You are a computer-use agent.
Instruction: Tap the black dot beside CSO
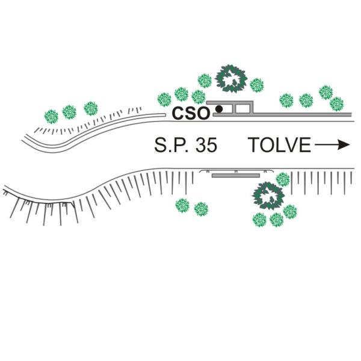click(219, 109)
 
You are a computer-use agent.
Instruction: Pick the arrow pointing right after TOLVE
click(332, 145)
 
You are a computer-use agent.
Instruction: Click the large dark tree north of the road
click(232, 76)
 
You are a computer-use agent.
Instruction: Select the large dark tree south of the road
click(268, 195)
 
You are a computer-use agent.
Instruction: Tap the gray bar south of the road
click(235, 176)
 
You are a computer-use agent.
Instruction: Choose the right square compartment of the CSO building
click(243, 109)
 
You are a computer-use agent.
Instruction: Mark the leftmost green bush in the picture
click(51, 114)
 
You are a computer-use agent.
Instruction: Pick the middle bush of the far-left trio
click(70, 111)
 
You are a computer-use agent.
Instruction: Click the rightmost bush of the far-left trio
click(91, 108)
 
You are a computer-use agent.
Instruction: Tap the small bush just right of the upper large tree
click(257, 85)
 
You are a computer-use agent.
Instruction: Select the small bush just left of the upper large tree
click(205, 80)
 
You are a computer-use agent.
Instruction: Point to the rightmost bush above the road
click(337, 103)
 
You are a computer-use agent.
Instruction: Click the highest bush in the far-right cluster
click(326, 91)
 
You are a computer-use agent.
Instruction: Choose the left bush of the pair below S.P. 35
click(182, 206)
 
